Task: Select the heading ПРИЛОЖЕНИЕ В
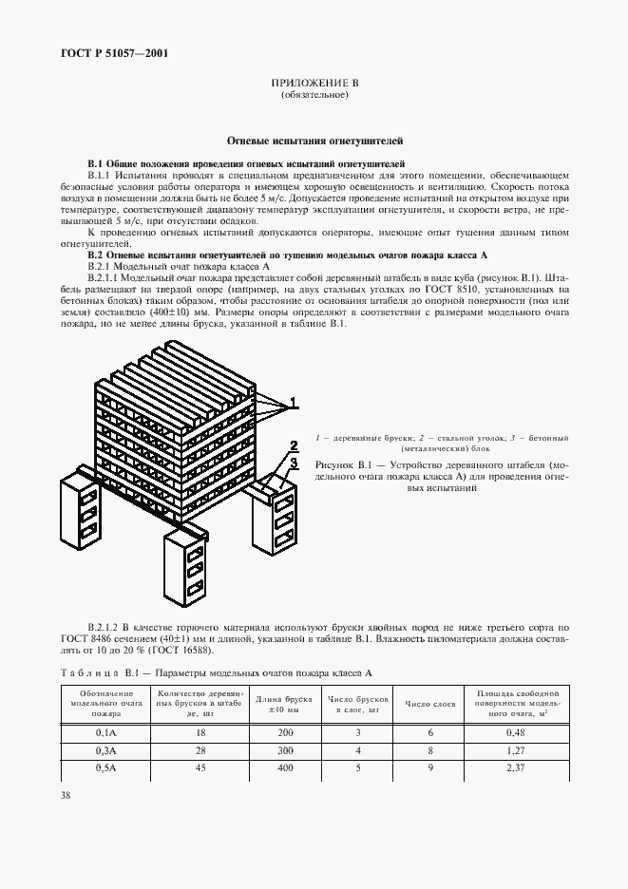pyautogui.click(x=314, y=84)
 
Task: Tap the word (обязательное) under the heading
pyautogui.click(x=314, y=97)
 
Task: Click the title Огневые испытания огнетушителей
pyautogui.click(x=314, y=139)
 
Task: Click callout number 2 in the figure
pyautogui.click(x=295, y=444)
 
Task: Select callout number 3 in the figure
pyautogui.click(x=295, y=463)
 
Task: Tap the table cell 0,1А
pyautogui.click(x=105, y=732)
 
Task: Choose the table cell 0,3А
pyautogui.click(x=105, y=750)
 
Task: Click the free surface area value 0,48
pyautogui.click(x=516, y=732)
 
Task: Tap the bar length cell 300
pyautogui.click(x=276, y=750)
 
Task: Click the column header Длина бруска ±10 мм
pyautogui.click(x=276, y=705)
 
